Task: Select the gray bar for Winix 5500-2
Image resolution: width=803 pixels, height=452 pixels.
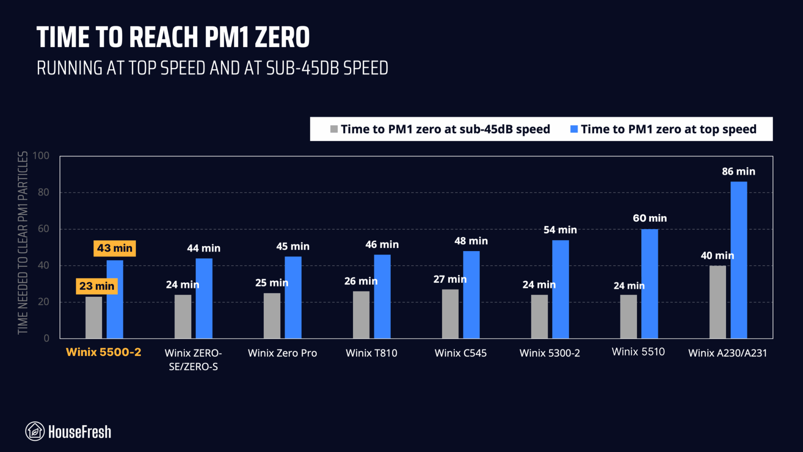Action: tap(94, 317)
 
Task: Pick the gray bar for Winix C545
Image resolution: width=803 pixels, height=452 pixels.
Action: tap(450, 314)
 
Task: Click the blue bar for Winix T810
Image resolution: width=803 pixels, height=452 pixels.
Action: tap(382, 296)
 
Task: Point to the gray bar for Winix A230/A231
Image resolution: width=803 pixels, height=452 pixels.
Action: tap(718, 302)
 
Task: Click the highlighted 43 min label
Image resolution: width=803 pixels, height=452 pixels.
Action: tap(114, 248)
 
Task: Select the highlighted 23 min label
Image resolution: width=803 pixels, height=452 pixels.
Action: tap(97, 286)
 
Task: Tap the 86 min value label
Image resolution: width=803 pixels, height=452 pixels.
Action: tap(738, 171)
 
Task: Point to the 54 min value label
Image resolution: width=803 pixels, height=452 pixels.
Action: tap(560, 230)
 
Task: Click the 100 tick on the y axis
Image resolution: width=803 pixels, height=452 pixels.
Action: tap(41, 156)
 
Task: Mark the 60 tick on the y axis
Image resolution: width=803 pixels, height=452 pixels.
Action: tap(44, 229)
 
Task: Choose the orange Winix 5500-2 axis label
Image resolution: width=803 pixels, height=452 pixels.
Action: tap(104, 352)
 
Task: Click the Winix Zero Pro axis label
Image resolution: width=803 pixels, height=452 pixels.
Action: tap(282, 353)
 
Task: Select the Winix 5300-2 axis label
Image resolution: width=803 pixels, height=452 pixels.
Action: tap(549, 353)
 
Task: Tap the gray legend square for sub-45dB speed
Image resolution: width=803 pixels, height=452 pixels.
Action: tap(334, 129)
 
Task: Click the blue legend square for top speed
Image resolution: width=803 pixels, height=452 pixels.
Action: tap(574, 129)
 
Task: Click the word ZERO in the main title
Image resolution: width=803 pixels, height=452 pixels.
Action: tap(282, 38)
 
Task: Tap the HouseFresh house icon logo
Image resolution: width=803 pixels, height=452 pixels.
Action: tap(35, 432)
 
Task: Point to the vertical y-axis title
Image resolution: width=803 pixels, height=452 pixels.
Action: tap(23, 243)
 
